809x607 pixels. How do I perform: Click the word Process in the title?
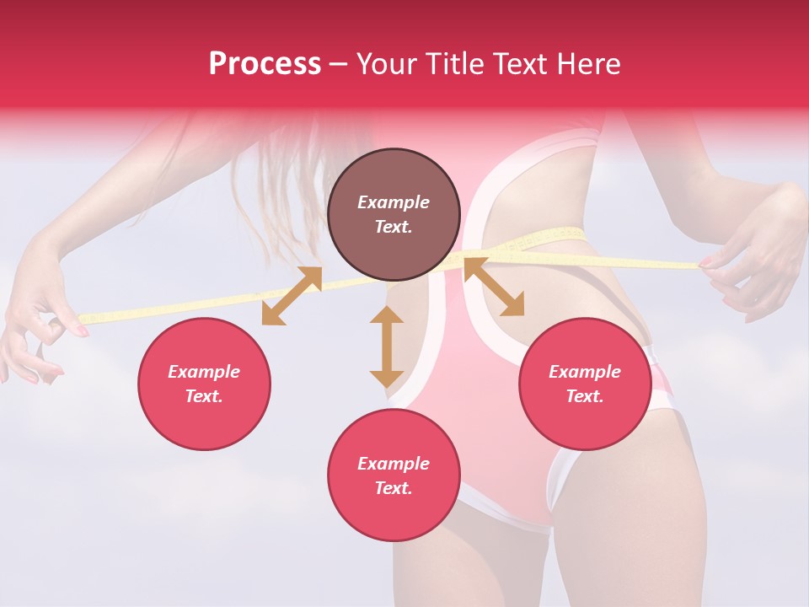point(265,64)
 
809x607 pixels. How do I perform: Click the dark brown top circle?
point(394,214)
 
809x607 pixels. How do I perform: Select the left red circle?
point(204,384)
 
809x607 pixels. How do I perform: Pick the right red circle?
point(585,384)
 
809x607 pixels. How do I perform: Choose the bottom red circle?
point(394,475)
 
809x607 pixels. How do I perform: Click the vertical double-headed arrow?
point(387,346)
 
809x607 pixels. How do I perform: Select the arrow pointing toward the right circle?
point(493,287)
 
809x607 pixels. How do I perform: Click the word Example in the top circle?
point(394,202)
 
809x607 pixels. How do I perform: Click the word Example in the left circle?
point(204,372)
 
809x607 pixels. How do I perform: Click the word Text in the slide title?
point(522,64)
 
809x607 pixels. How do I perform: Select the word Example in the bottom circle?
point(394,464)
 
